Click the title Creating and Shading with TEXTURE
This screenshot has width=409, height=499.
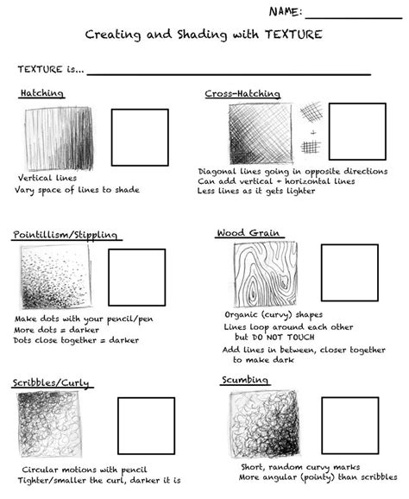pyautogui.click(x=204, y=35)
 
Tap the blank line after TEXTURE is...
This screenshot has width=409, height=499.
pyautogui.click(x=229, y=73)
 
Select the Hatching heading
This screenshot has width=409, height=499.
pyautogui.click(x=41, y=93)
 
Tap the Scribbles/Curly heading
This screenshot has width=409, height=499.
pyautogui.click(x=51, y=382)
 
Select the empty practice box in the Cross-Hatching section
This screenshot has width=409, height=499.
pyautogui.click(x=356, y=131)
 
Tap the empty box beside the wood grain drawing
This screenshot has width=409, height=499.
pyautogui.click(x=349, y=272)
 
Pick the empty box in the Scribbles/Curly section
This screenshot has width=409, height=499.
pyautogui.click(x=146, y=426)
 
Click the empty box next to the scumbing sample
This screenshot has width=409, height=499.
pyautogui.click(x=349, y=425)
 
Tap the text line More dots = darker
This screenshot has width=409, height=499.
pyautogui.click(x=56, y=330)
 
